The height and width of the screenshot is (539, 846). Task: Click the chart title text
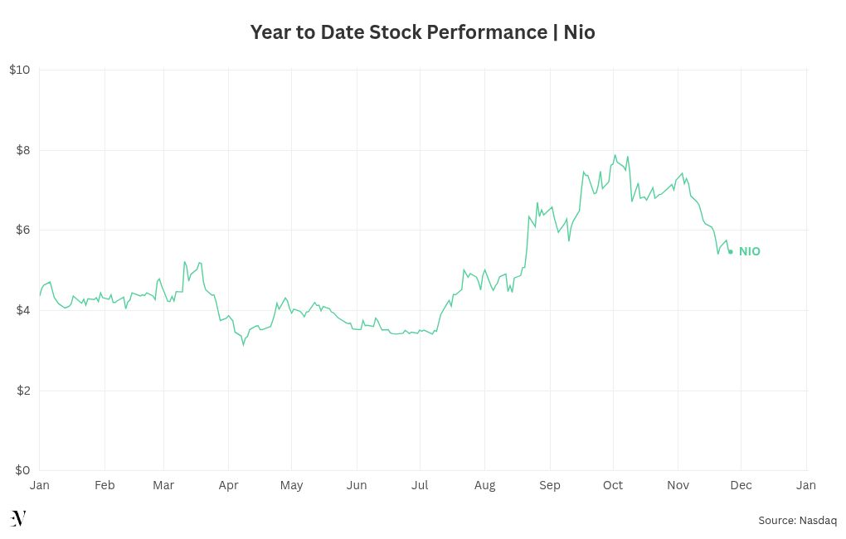[x=422, y=32]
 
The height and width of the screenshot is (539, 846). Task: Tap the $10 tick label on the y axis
[x=20, y=70]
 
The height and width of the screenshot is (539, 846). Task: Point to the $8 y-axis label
[x=22, y=150]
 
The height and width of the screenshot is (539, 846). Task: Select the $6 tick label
[x=22, y=230]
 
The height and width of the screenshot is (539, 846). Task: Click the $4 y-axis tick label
[x=22, y=310]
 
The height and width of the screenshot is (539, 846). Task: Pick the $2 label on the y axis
[x=22, y=391]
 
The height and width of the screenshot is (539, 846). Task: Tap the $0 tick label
[x=22, y=470]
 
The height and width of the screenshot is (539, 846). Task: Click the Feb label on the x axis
[x=105, y=485]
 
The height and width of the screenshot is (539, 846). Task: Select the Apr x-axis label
[x=228, y=485]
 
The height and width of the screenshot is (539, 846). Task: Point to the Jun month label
[x=357, y=485]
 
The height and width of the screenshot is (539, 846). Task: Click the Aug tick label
[x=484, y=485]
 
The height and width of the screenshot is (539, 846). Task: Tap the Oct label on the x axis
[x=613, y=485]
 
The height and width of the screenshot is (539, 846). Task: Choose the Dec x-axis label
[x=741, y=485]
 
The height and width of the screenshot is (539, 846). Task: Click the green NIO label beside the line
[x=750, y=251]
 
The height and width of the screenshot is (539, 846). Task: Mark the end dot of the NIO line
[x=730, y=251]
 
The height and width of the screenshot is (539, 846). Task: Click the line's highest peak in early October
[x=615, y=155]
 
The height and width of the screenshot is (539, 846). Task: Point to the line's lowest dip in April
[x=243, y=344]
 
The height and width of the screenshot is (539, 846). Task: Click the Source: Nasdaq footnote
[x=797, y=521]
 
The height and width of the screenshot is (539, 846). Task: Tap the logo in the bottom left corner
[x=18, y=518]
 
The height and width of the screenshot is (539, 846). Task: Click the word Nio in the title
[x=579, y=32]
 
